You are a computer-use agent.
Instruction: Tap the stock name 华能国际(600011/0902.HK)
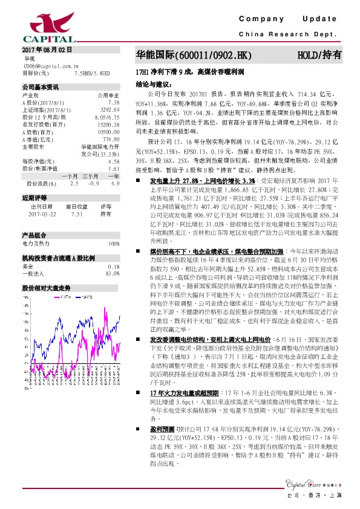(192, 56)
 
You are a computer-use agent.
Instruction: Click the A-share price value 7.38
(113, 102)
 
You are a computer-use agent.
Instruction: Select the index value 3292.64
(109, 109)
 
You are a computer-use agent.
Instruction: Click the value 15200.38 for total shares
(108, 124)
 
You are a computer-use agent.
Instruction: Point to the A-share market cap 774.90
(110, 138)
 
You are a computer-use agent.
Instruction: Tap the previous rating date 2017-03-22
(41, 213)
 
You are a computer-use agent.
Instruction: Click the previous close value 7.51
(77, 213)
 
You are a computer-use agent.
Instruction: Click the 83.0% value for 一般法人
(112, 274)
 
